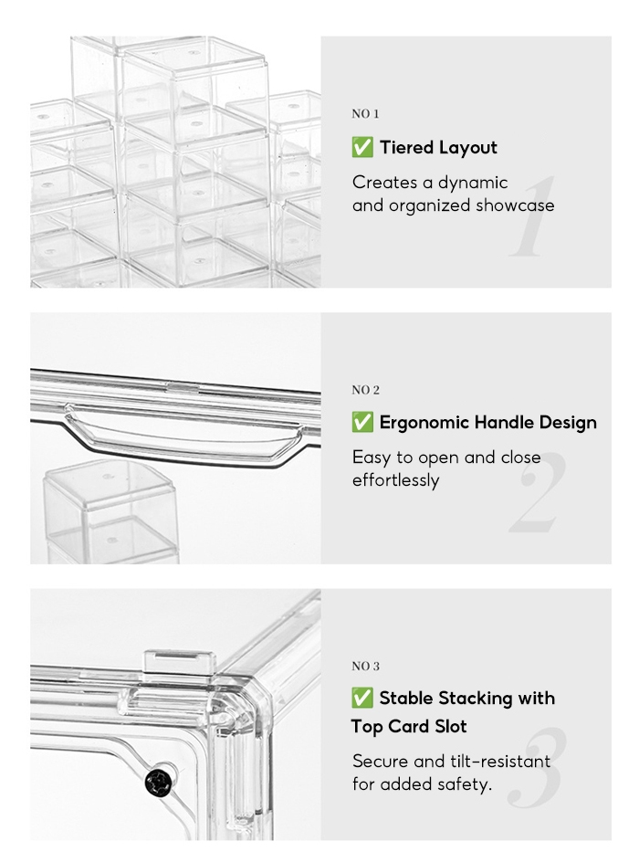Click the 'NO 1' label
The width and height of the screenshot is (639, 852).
[x=365, y=114]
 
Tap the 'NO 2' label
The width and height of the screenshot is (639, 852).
[x=366, y=390]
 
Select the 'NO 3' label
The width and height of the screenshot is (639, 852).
[x=366, y=667]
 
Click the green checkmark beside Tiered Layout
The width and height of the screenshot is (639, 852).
[x=362, y=147]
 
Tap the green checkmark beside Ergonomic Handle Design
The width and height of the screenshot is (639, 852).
[x=362, y=422]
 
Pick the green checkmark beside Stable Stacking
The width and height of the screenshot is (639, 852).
[x=362, y=699]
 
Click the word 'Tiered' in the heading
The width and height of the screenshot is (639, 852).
[x=406, y=147]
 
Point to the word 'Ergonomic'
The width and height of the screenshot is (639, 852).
[x=424, y=423]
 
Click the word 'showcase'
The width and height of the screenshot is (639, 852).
[x=515, y=205]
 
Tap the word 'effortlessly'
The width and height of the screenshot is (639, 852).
[x=395, y=480]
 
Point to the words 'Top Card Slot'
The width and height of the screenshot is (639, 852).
[x=409, y=727]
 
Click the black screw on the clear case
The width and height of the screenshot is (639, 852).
[x=159, y=783]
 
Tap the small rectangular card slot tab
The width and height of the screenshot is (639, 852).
[x=176, y=662]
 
